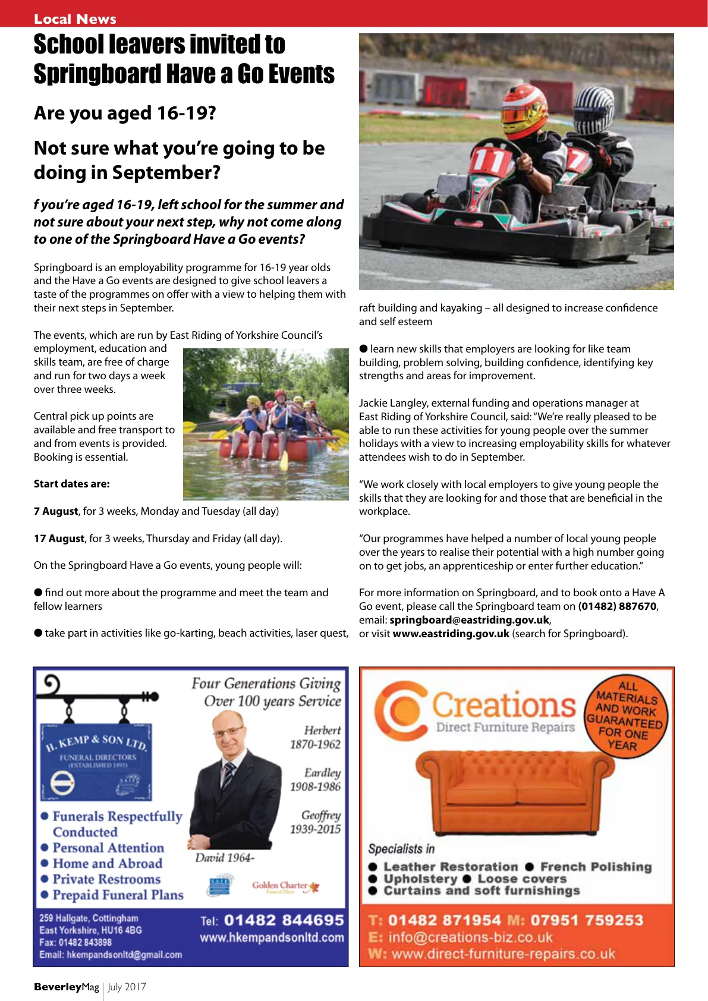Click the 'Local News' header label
75,19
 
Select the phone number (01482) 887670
618,606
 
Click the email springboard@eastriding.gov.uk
469,620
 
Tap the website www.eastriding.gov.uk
451,634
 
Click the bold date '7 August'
56,511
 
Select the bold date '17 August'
59,539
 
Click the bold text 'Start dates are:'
71,484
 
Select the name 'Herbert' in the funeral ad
322,730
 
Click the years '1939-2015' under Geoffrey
315,829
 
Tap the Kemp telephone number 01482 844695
284,920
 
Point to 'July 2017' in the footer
127,987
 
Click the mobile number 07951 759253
586,920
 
